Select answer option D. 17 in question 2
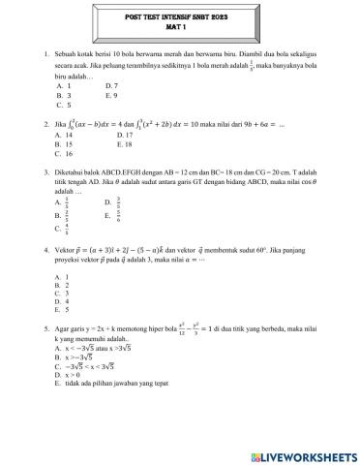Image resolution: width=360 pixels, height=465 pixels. tap(111, 136)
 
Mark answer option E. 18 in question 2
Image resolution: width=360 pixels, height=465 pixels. tap(111, 144)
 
